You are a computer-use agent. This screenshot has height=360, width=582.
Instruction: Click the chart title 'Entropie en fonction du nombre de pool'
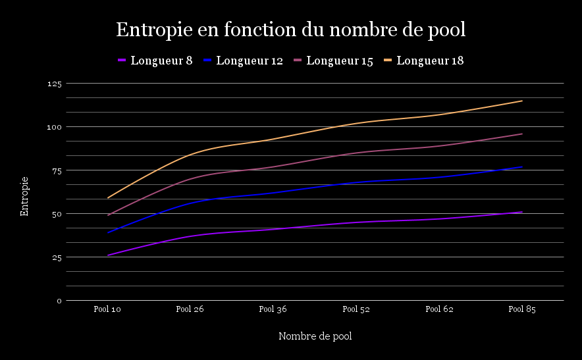click(290, 30)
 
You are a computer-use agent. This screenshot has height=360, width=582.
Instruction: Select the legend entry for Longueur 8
click(155, 61)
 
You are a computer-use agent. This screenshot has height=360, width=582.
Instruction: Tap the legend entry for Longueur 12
click(243, 61)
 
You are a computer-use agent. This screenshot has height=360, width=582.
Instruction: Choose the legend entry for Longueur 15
click(333, 61)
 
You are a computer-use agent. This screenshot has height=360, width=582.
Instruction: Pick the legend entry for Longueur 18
click(423, 61)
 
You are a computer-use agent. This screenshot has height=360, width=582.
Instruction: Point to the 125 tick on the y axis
click(54, 84)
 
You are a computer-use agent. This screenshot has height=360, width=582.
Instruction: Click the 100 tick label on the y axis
click(54, 127)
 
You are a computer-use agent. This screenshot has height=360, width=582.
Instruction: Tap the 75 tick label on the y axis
click(56, 170)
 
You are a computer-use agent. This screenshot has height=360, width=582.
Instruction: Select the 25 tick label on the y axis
click(56, 257)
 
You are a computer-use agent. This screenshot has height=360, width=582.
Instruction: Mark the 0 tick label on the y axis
click(59, 301)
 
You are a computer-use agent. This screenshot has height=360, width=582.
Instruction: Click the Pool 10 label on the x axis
click(107, 309)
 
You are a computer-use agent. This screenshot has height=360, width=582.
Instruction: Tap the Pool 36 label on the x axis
click(273, 309)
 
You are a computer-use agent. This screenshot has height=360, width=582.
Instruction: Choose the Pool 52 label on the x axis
click(356, 309)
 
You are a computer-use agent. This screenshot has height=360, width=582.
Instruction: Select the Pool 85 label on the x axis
click(522, 309)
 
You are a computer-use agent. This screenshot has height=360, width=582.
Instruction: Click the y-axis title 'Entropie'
click(24, 195)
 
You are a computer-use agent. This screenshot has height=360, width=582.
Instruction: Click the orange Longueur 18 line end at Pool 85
click(522, 101)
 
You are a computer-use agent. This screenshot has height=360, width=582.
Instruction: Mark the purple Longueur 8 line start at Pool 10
click(108, 255)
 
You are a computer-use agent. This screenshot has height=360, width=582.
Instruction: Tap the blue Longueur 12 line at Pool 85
click(522, 167)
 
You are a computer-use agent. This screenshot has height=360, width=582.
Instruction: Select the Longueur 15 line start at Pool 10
click(108, 215)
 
